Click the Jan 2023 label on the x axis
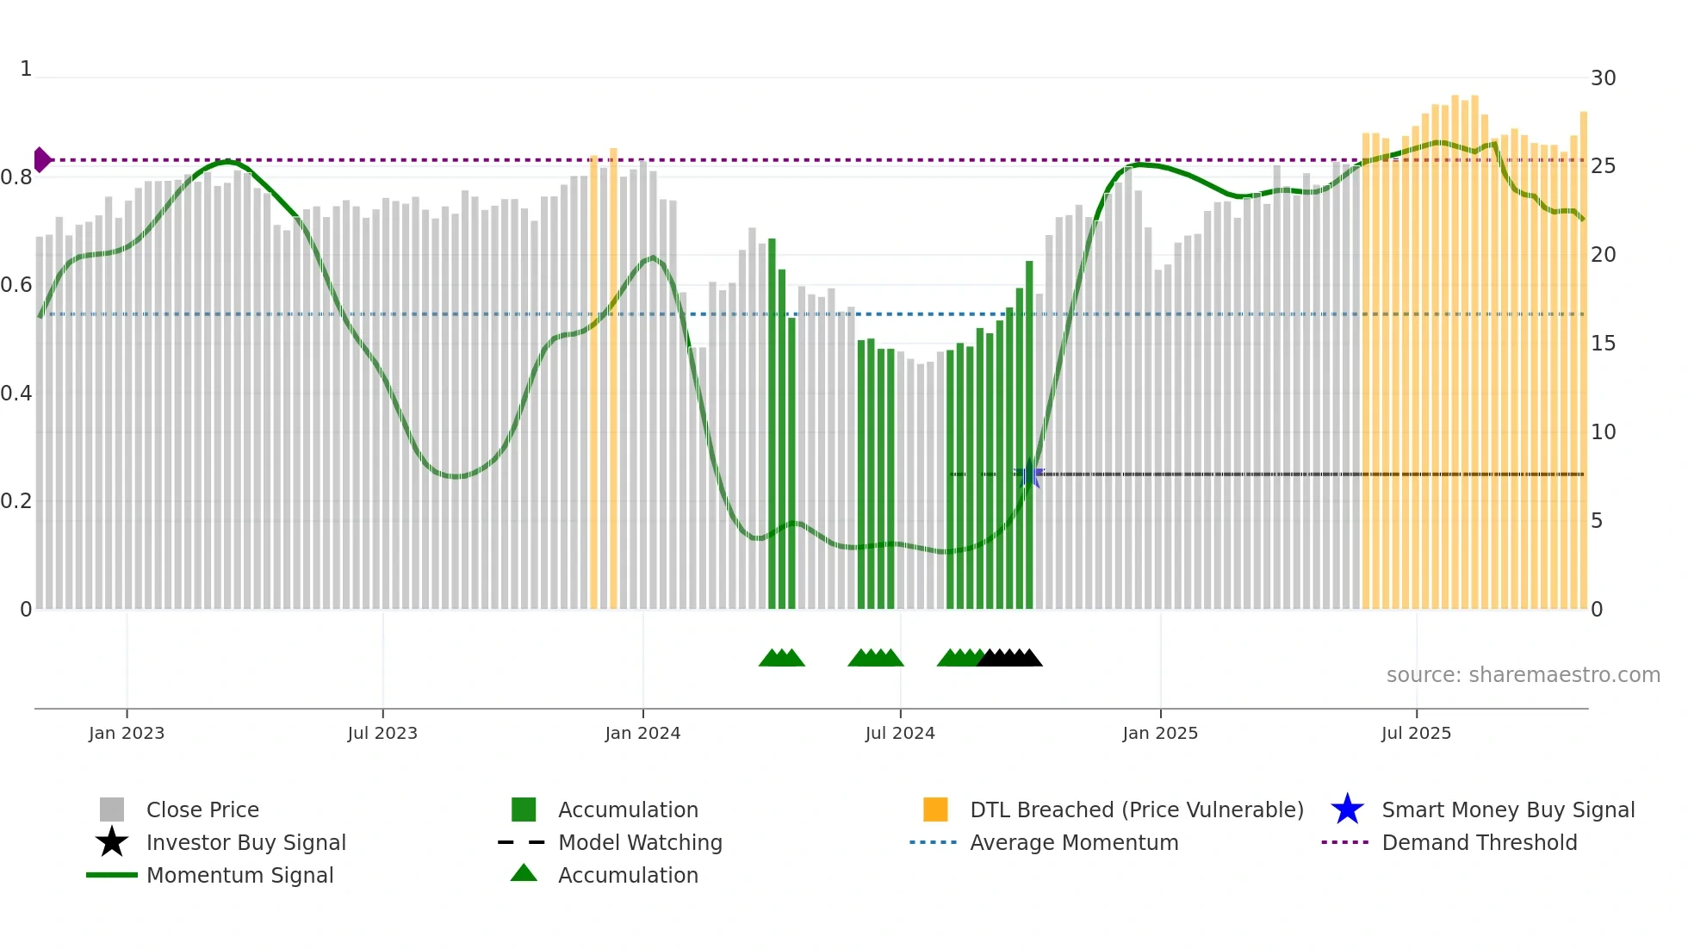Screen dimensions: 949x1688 tap(127, 733)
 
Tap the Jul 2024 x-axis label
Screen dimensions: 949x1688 tap(900, 733)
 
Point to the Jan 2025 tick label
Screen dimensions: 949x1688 tap(1160, 733)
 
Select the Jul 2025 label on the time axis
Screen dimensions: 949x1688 tap(1416, 733)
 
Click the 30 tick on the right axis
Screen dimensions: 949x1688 tap(1603, 78)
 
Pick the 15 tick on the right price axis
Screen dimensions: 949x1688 tap(1603, 344)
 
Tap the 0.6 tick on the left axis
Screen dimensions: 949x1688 tap(16, 285)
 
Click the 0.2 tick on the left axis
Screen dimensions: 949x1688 tap(16, 501)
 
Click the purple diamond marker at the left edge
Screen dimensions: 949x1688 tap(41, 160)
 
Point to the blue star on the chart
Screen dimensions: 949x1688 tap(1029, 474)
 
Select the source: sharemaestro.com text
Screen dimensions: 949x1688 tap(1523, 675)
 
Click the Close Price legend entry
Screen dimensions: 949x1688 tap(202, 809)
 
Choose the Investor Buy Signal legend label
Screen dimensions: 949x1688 tap(245, 842)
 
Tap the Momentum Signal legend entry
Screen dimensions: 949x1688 tap(239, 875)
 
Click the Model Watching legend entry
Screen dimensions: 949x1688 tap(640, 842)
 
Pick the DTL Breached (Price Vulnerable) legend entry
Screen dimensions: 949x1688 tap(1136, 809)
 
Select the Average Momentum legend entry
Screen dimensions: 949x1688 tap(1074, 842)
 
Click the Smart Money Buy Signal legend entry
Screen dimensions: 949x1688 tap(1508, 809)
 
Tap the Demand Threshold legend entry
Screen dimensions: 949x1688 tap(1479, 842)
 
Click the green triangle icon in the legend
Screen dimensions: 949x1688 tap(524, 873)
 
